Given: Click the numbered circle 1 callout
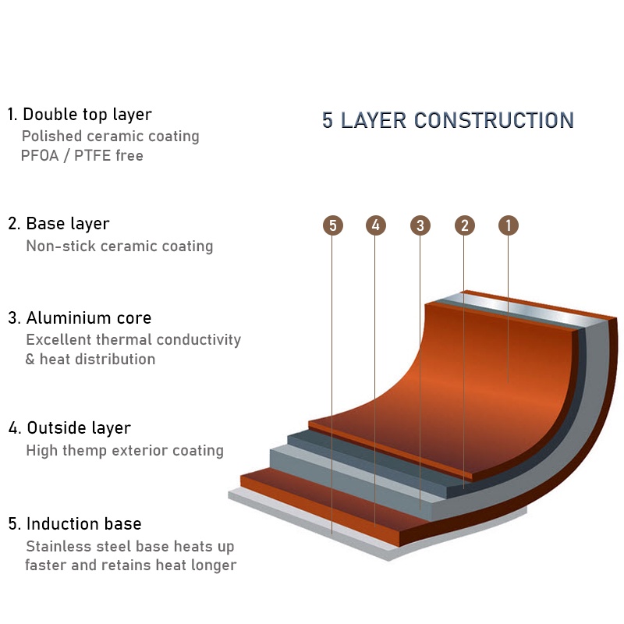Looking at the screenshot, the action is [509, 225].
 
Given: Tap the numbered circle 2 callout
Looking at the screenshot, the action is [465, 225].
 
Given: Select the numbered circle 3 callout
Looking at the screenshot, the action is [420, 225].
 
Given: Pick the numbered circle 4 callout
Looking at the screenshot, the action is [376, 225].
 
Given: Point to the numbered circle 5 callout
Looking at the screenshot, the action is [333, 225].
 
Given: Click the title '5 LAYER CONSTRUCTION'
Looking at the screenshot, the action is [448, 121].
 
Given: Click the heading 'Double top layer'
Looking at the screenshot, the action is [87, 115].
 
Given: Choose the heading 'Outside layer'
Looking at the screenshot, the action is [79, 428].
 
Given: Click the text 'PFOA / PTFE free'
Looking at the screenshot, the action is [82, 155].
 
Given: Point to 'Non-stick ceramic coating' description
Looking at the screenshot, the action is [119, 246].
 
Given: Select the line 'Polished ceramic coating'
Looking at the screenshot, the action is [110, 136].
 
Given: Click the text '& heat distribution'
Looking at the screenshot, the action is [90, 360].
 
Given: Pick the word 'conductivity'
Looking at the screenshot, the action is [199, 340].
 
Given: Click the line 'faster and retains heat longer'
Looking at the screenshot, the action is [130, 565].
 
